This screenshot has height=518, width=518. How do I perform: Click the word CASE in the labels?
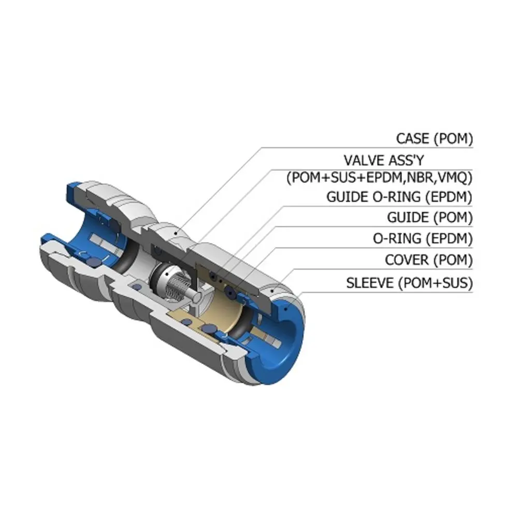[413, 138]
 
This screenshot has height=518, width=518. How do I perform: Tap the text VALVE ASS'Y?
[383, 161]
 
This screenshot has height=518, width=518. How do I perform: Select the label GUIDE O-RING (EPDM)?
[399, 197]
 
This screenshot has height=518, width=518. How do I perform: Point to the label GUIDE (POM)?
[430, 218]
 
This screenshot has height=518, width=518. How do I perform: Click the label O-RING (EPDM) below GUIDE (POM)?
[423, 238]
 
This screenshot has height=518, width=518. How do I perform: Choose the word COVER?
[407, 260]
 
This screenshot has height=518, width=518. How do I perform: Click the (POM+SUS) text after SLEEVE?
[436, 283]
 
